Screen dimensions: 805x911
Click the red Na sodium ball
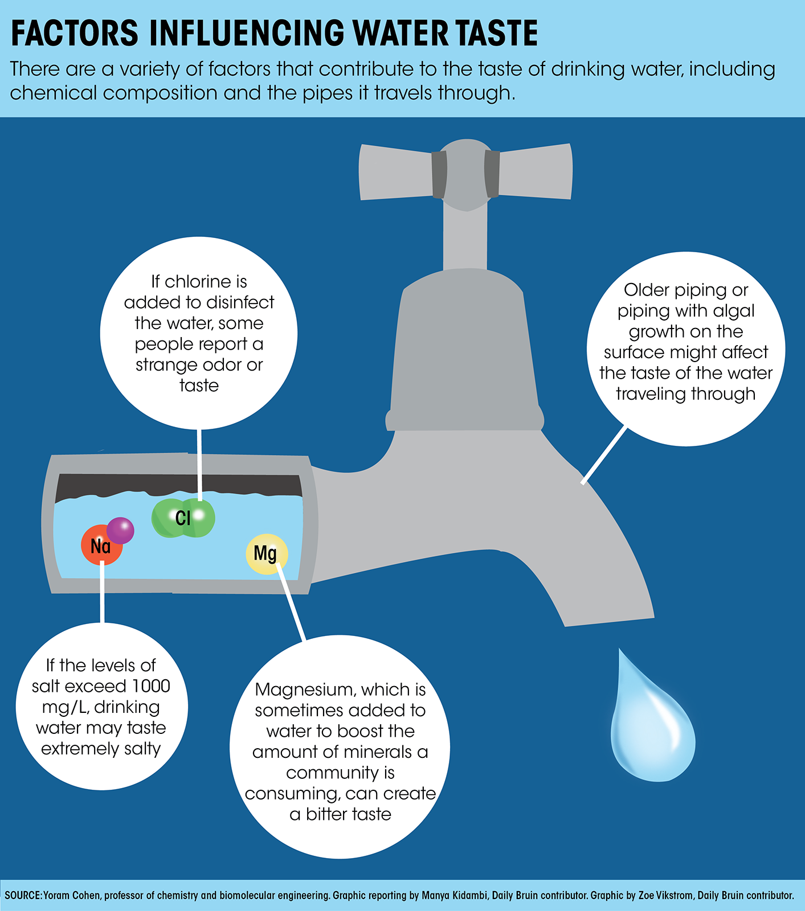pos(101,545)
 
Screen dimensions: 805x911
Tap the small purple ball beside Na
pos(120,531)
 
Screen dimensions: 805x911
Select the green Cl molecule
pos(183,518)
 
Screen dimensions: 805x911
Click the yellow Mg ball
pos(267,554)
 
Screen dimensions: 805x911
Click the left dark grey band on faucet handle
pos(439,174)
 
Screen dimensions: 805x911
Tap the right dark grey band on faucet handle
pos(492,174)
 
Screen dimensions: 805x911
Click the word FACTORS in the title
pos(75,33)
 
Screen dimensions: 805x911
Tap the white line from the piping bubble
pos(604,455)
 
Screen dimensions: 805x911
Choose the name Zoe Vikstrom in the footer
pos(665,895)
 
